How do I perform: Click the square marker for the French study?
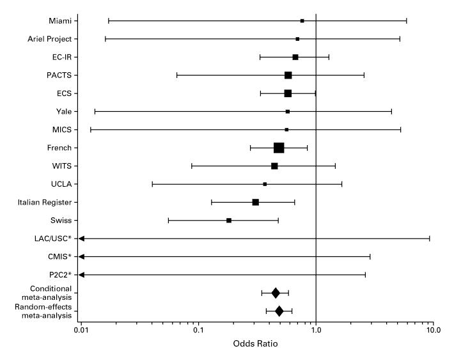279,148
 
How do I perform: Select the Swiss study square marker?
229,221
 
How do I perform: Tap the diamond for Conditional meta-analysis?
276,293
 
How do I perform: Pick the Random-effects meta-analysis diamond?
279,311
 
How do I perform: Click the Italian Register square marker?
255,202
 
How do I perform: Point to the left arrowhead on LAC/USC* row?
81,239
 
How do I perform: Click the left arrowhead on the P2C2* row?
81,275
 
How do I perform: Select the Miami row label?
60,20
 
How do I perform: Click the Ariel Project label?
49,39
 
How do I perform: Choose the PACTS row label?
59,75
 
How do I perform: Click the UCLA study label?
60,184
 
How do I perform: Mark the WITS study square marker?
274,166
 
